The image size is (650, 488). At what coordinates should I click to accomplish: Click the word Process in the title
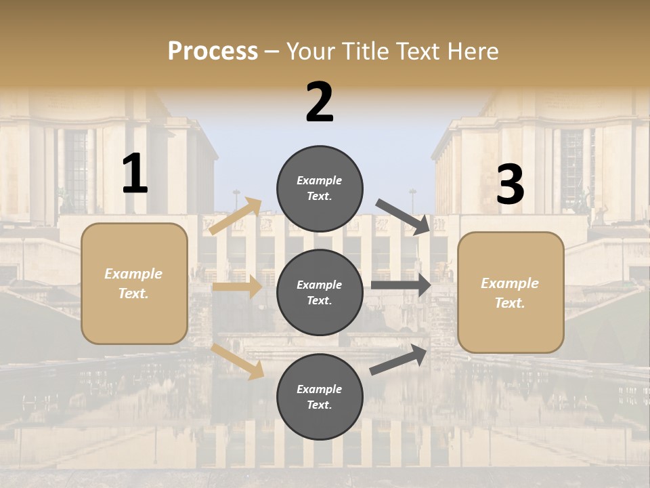point(213,52)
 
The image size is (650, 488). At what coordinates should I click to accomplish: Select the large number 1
point(135,174)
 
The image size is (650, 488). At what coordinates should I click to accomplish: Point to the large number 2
point(320,102)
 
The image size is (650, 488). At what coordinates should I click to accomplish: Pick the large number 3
point(510,185)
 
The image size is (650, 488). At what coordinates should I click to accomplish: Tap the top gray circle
point(320,188)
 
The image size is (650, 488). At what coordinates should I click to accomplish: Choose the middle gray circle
point(320,292)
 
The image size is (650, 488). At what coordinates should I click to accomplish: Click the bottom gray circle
point(320,396)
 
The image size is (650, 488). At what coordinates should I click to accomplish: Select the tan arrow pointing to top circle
point(236,216)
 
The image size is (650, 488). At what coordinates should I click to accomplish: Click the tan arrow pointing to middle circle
point(237,287)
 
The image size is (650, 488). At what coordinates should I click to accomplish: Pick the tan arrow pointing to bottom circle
point(238,361)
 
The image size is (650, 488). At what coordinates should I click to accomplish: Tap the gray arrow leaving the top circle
point(404,216)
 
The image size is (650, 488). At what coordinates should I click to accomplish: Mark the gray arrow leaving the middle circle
point(400,285)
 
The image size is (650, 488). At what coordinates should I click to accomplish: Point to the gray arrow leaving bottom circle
point(399,359)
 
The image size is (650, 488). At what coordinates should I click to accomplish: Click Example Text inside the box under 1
point(133,283)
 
